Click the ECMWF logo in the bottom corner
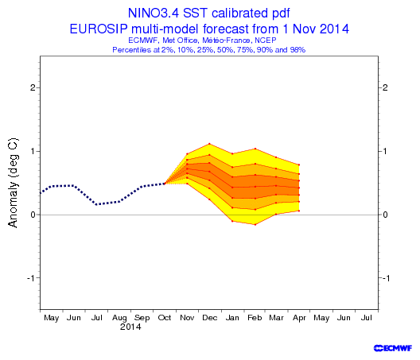pos(393,348)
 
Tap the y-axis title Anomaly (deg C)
pos(13,183)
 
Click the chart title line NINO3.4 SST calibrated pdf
pos(209,13)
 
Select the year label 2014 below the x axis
pos(130,327)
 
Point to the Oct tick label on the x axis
pos(165,317)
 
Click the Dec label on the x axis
pos(210,317)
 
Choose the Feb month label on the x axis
pos(255,317)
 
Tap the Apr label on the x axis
pos(299,318)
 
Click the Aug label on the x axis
pos(119,318)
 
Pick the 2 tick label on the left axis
pos(33,87)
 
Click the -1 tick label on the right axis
pos(386,278)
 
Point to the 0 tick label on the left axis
pos(33,215)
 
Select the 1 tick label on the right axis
pos(385,151)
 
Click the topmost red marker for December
pos(209,144)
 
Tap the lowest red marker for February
pos(255,225)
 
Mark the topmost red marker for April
pos(299,165)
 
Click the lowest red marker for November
pos(187,184)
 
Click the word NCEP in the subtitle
pos(266,41)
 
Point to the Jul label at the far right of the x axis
pos(366,317)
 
